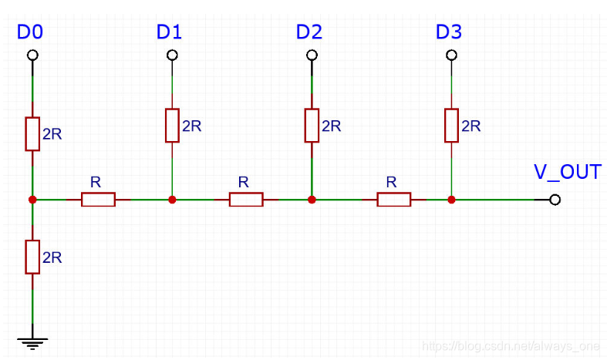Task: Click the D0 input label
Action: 30,32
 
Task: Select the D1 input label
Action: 169,32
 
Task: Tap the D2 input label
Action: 309,32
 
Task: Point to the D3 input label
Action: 449,32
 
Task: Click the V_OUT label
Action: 567,171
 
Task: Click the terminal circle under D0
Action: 32,56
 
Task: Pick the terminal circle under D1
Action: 172,56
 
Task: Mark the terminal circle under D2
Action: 312,56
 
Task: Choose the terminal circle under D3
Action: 451,56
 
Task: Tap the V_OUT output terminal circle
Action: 555,200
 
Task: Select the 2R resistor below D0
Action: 32,134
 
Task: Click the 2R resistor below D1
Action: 172,125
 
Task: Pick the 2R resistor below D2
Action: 312,125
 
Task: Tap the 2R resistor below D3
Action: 451,125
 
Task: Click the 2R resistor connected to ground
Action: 32,257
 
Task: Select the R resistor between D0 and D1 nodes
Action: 98,200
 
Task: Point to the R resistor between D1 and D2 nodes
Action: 246,200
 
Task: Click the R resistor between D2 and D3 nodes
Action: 393,200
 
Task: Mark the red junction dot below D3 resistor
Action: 451,200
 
